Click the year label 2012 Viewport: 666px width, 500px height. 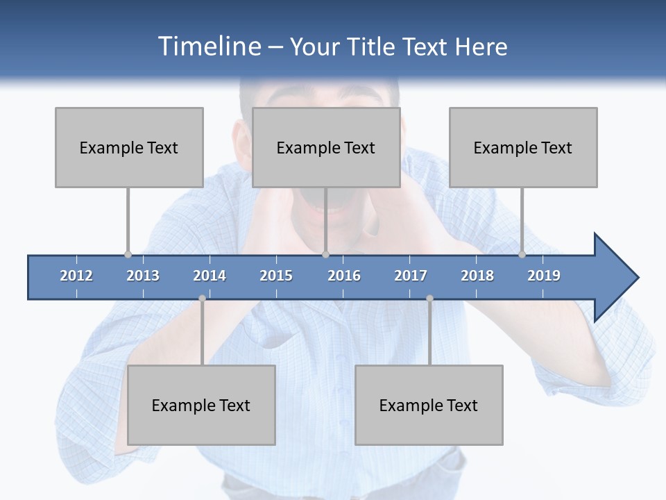[76, 276]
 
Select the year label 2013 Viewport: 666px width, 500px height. [143, 276]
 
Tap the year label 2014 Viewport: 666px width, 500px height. [210, 276]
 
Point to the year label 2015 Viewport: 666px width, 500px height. [276, 276]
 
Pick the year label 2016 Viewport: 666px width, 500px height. [344, 276]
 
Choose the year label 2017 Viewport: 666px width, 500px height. [411, 276]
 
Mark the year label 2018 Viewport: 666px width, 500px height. [477, 276]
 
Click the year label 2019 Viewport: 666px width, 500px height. [544, 276]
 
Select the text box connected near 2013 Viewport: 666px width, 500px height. [129, 147]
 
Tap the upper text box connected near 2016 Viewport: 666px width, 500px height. [326, 147]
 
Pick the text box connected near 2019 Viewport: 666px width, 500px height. [523, 147]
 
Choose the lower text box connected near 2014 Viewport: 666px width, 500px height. [201, 405]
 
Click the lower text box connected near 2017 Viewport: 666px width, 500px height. [429, 405]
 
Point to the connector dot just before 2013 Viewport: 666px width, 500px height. [128, 255]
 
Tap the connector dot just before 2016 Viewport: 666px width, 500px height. [325, 255]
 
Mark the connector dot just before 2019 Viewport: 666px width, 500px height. [522, 255]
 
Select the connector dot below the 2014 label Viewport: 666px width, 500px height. [202, 299]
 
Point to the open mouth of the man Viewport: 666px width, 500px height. [326, 201]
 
